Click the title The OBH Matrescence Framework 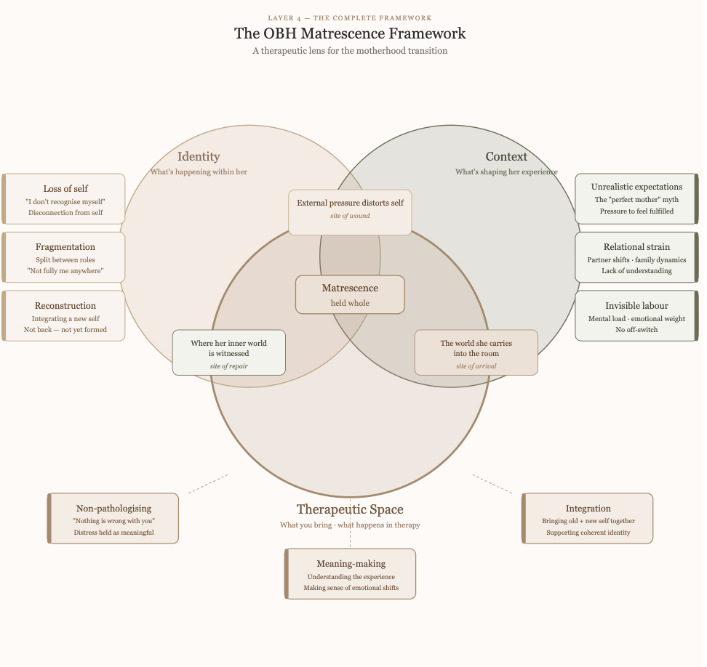click(x=350, y=33)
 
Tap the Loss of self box click(x=65, y=199)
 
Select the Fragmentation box click(x=65, y=257)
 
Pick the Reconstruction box click(x=65, y=316)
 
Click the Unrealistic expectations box click(x=636, y=198)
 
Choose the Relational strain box click(x=636, y=257)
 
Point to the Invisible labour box click(x=636, y=316)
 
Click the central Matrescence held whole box click(x=350, y=295)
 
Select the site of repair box click(x=229, y=353)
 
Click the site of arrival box click(x=476, y=353)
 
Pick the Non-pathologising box click(x=113, y=519)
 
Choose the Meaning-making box click(x=351, y=574)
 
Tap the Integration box click(x=588, y=519)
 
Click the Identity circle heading click(x=199, y=157)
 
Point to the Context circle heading click(x=506, y=157)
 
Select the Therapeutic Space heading click(x=350, y=510)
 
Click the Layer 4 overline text click(x=350, y=17)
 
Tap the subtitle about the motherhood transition click(x=350, y=51)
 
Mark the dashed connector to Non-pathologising click(x=208, y=484)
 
